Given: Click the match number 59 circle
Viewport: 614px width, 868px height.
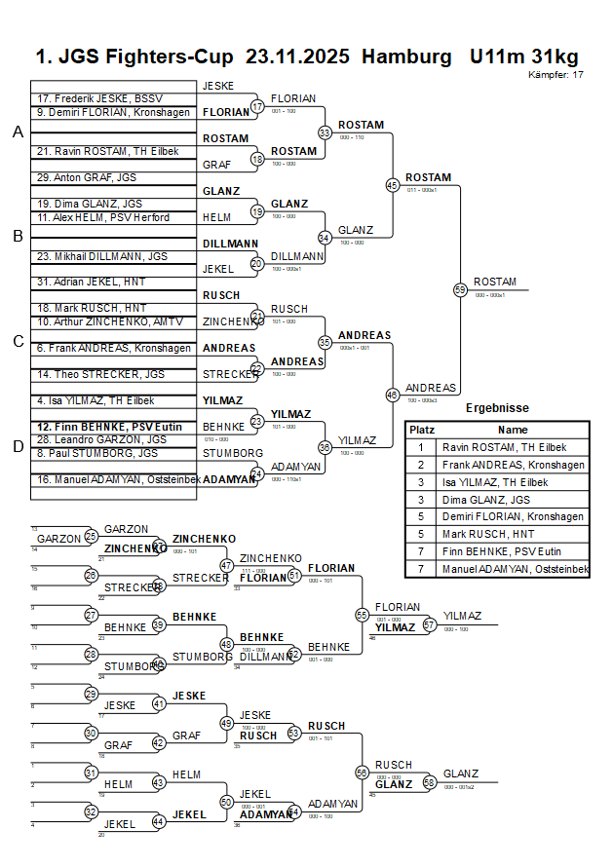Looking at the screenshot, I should click(460, 289).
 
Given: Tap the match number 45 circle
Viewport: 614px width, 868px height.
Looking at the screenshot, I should click(392, 184).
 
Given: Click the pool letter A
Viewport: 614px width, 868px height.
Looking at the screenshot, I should click(17, 132).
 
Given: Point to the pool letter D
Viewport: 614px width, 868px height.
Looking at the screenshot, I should click(17, 446).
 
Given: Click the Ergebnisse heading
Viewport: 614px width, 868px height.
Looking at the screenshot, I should click(497, 408).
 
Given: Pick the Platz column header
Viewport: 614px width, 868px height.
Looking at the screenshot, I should click(422, 430).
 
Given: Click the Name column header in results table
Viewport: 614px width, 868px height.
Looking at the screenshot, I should click(513, 430).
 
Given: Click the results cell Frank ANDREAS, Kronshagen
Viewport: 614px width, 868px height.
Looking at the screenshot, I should click(513, 465).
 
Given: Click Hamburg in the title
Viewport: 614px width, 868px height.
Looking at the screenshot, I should click(406, 57).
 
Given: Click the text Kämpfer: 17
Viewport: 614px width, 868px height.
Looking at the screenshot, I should click(556, 74).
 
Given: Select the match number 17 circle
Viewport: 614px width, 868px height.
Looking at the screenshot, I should click(257, 106).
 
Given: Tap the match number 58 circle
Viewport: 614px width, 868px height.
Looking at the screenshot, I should click(429, 781).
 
